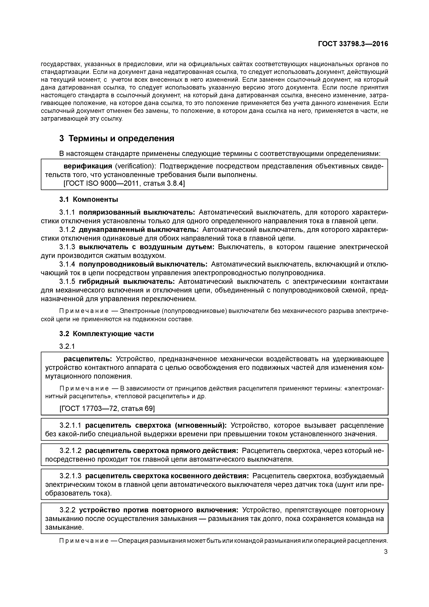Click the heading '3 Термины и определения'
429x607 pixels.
[117, 138]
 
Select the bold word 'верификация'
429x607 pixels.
[88, 166]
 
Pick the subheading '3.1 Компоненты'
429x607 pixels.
[89, 199]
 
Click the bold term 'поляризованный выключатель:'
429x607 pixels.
[137, 212]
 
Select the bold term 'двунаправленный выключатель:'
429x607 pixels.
[139, 230]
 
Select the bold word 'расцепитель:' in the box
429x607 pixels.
[88, 359]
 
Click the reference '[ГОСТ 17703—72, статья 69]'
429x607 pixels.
[107, 408]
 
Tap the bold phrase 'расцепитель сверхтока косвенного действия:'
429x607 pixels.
[167, 476]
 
